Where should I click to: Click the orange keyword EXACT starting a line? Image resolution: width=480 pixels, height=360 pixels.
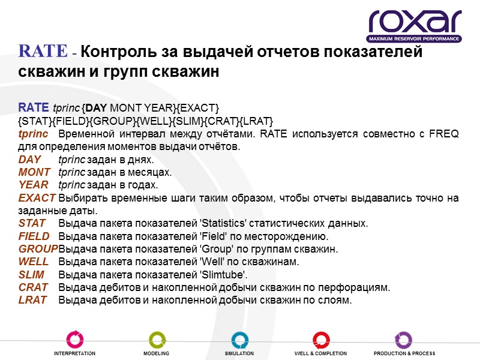37,198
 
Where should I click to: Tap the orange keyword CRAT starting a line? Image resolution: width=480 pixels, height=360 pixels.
32,287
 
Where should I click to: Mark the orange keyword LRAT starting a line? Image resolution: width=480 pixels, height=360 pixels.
32,299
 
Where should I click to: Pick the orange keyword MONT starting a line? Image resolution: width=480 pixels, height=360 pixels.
34,172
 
